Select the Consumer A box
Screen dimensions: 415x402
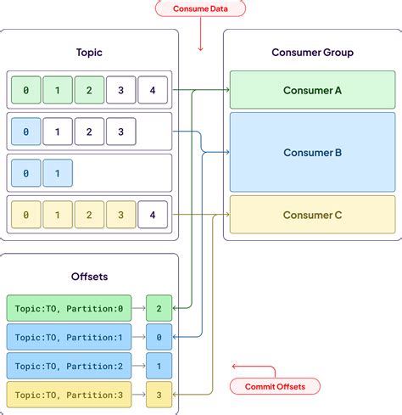313,89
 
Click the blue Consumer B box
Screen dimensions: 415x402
313,153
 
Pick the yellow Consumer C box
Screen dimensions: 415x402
313,215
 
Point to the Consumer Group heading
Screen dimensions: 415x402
313,52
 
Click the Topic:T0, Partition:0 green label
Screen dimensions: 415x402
69,308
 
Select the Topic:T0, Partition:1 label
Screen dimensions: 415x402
69,337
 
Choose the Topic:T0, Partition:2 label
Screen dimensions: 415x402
69,366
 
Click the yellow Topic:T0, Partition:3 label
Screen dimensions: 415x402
69,395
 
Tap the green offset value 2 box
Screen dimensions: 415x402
158,308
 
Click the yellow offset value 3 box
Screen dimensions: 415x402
158,395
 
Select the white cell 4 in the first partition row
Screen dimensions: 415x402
153,89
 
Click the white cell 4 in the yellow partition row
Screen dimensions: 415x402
153,215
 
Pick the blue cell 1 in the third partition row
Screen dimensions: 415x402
58,173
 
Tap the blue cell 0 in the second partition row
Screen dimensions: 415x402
25,132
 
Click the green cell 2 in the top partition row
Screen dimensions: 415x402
89,89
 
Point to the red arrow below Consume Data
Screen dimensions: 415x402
200,38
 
